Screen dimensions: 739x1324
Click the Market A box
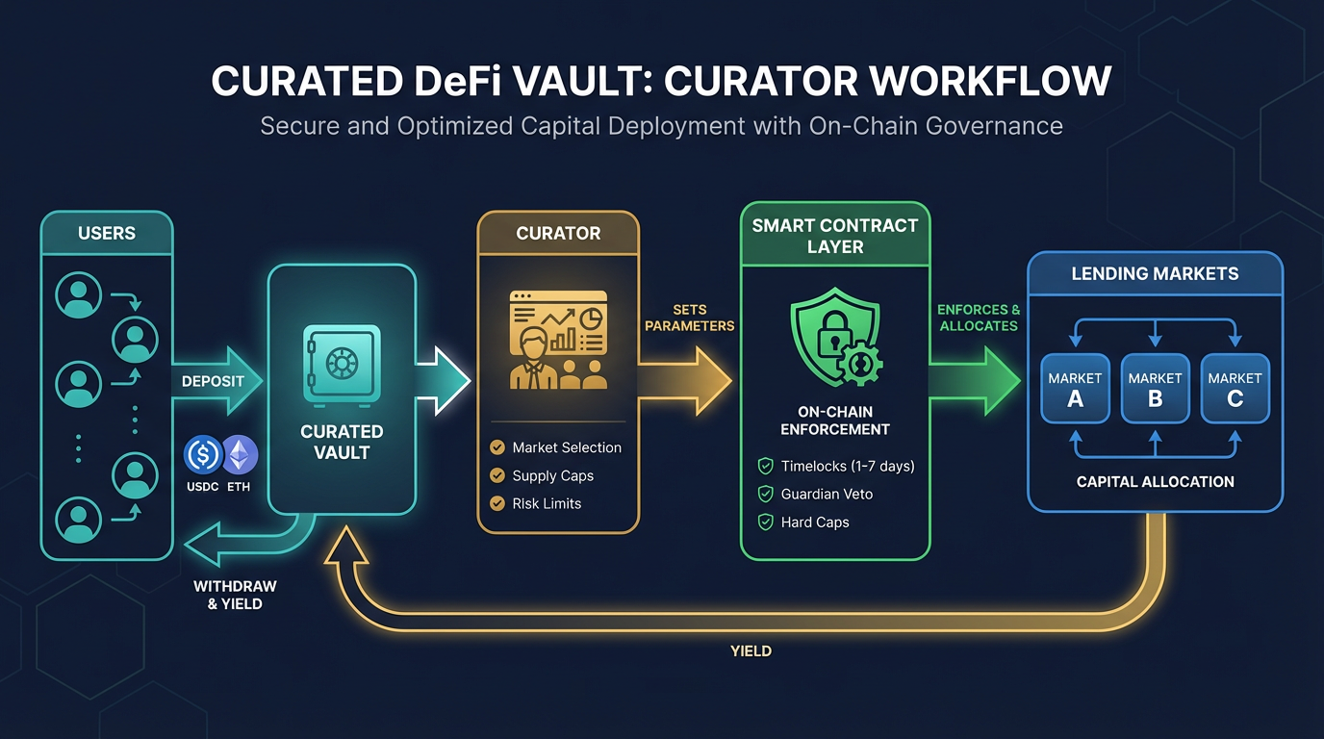tap(1075, 389)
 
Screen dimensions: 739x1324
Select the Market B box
tap(1155, 389)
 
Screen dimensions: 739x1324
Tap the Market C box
tap(1235, 389)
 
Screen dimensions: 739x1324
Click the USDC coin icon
tap(203, 454)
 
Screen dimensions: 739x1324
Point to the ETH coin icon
tap(240, 454)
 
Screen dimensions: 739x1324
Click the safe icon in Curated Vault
tap(342, 363)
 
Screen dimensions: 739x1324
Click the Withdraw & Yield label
tap(235, 595)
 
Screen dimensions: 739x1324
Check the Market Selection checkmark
tap(497, 447)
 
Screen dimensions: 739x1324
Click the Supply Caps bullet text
tap(552, 475)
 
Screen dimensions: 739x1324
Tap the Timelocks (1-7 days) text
tap(848, 466)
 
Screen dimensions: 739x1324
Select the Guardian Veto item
tap(827, 494)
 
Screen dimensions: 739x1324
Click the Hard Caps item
tap(815, 522)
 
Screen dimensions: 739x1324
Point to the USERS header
tap(107, 233)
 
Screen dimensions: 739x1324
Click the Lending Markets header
tap(1155, 273)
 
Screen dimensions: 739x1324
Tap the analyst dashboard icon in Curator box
tap(558, 340)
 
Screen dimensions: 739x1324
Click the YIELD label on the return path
tap(751, 650)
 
